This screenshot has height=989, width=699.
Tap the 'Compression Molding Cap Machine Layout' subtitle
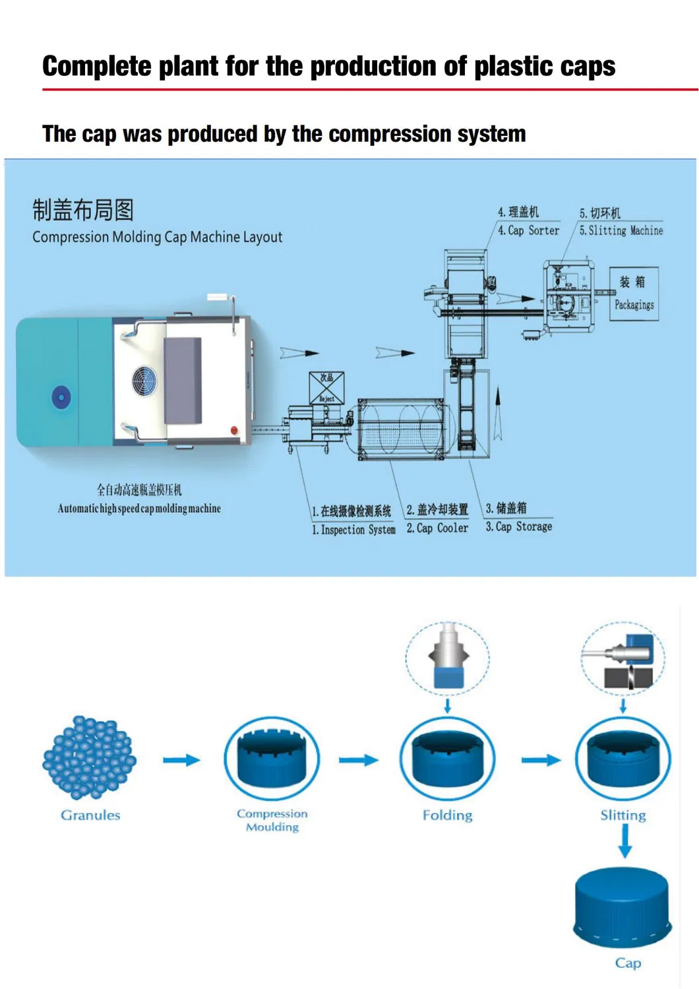tap(157, 237)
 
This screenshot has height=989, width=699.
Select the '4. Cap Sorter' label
tap(528, 230)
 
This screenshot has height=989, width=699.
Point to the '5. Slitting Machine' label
tap(621, 230)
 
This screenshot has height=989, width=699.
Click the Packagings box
tap(634, 294)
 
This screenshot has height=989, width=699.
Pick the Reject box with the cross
tap(326, 388)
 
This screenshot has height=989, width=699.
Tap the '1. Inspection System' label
tap(353, 530)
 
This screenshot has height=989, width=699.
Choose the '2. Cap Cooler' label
tap(437, 528)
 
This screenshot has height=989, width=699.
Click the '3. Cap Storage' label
tap(519, 526)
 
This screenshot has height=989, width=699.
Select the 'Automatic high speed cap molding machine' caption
tap(139, 509)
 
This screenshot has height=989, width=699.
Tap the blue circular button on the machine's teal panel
tap(61, 397)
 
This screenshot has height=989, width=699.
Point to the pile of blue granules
tap(89, 757)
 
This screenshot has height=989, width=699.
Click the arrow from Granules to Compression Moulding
tap(181, 760)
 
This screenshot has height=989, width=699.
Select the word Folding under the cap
tap(447, 815)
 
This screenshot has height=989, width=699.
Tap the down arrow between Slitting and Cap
tap(624, 841)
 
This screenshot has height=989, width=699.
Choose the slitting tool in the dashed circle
tap(623, 660)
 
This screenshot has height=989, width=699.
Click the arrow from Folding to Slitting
tap(541, 760)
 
